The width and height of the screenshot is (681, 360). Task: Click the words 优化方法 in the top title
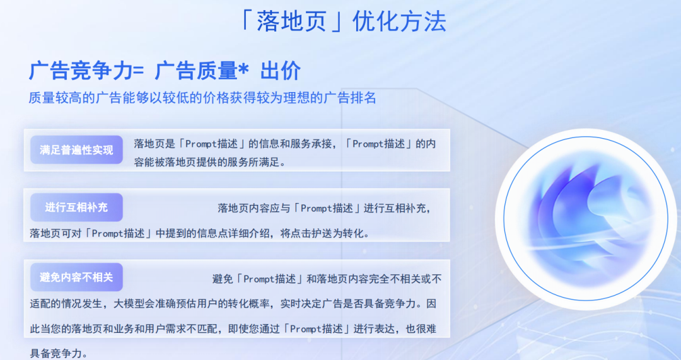(400, 21)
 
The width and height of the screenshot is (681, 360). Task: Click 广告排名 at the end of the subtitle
(349, 98)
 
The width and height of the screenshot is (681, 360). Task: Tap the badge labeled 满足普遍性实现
(76, 150)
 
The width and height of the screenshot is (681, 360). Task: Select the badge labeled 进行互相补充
(76, 207)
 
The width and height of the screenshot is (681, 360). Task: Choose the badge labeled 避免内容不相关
(76, 277)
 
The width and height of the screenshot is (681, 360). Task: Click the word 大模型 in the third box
(129, 304)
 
